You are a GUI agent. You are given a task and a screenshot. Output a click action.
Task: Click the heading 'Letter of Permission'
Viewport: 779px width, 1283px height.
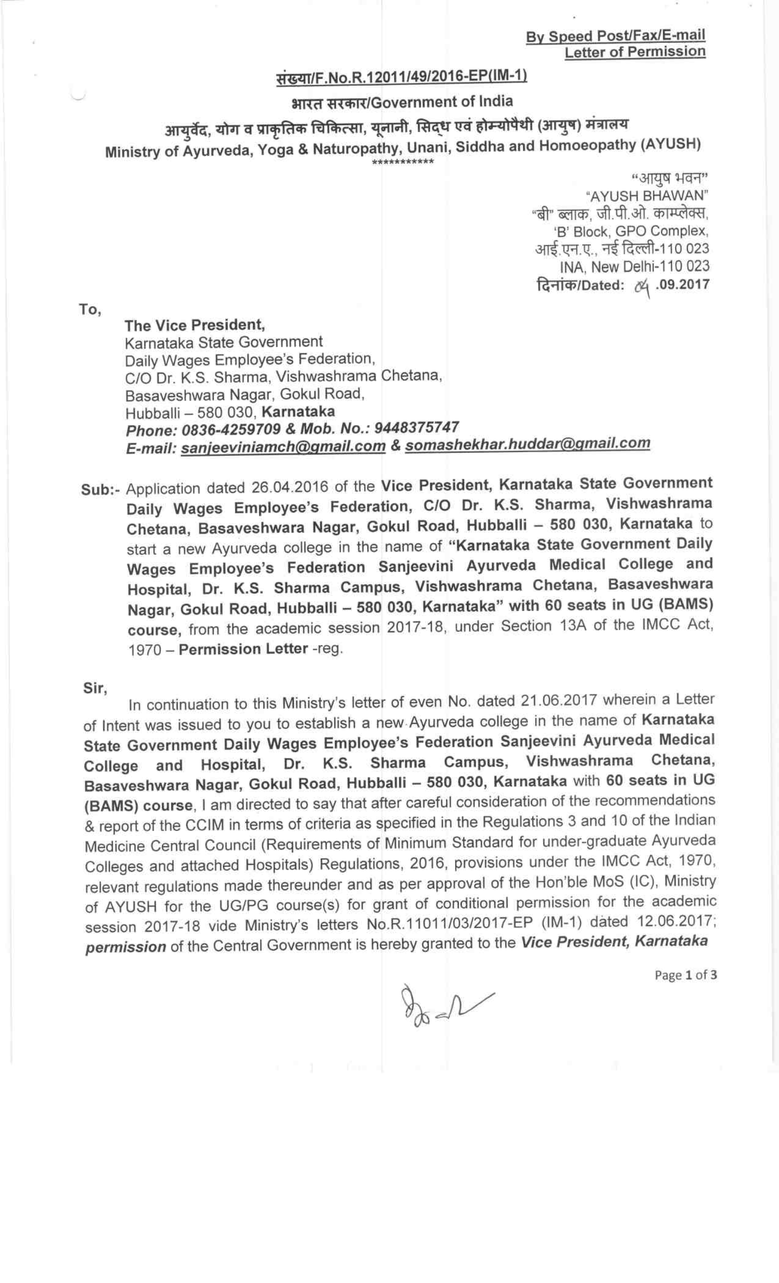(635, 52)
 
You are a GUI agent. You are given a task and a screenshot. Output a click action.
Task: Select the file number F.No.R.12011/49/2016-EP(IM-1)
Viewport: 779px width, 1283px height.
(402, 76)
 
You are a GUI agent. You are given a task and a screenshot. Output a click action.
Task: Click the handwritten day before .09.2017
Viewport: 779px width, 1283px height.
(642, 286)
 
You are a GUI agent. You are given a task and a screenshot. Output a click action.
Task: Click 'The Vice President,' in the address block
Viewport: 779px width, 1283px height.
(194, 325)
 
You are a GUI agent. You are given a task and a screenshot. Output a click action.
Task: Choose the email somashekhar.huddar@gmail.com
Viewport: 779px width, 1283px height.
(527, 443)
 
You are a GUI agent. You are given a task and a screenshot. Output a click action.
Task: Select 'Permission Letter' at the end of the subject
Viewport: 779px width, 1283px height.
(243, 649)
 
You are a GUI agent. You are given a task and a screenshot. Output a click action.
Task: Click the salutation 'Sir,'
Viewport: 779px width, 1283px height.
(95, 688)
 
